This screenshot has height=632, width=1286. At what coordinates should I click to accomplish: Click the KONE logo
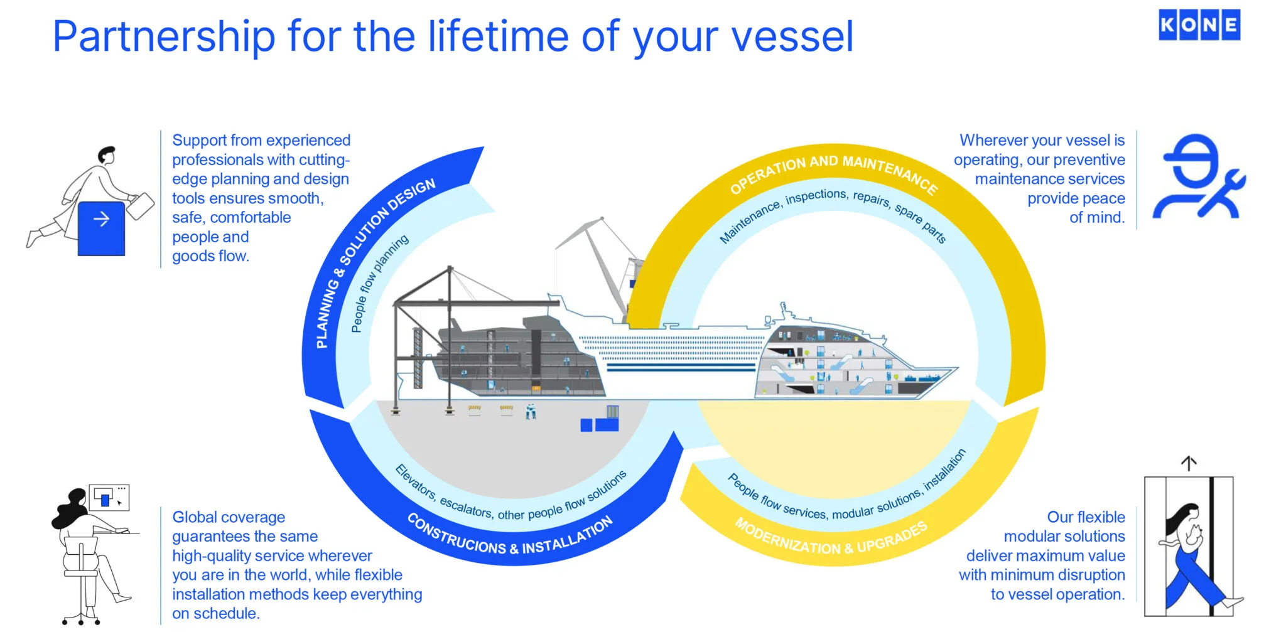tap(1199, 25)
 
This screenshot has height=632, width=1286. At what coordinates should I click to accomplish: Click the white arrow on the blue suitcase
tap(101, 219)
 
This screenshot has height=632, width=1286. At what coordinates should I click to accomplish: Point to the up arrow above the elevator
tap(1189, 463)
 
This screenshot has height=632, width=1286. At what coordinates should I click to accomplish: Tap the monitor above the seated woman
tap(109, 498)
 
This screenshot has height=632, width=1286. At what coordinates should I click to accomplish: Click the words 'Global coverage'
tap(229, 517)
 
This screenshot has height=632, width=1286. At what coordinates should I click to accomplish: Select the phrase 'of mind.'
tap(1096, 218)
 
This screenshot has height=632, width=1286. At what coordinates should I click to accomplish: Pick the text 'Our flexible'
tap(1086, 517)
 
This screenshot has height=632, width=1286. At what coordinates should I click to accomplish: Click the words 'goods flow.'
tap(210, 256)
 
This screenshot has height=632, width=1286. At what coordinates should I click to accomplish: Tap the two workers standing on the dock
tap(531, 412)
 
